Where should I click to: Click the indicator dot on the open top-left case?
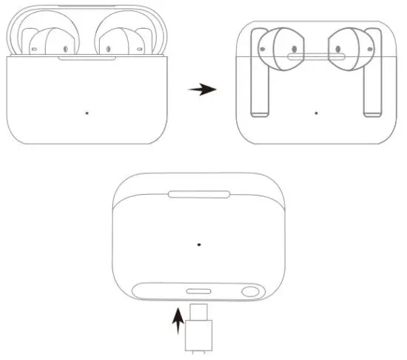(87, 113)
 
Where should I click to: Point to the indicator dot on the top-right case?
(317, 113)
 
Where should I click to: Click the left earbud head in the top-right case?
(275, 53)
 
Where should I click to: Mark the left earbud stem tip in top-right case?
(259, 113)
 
